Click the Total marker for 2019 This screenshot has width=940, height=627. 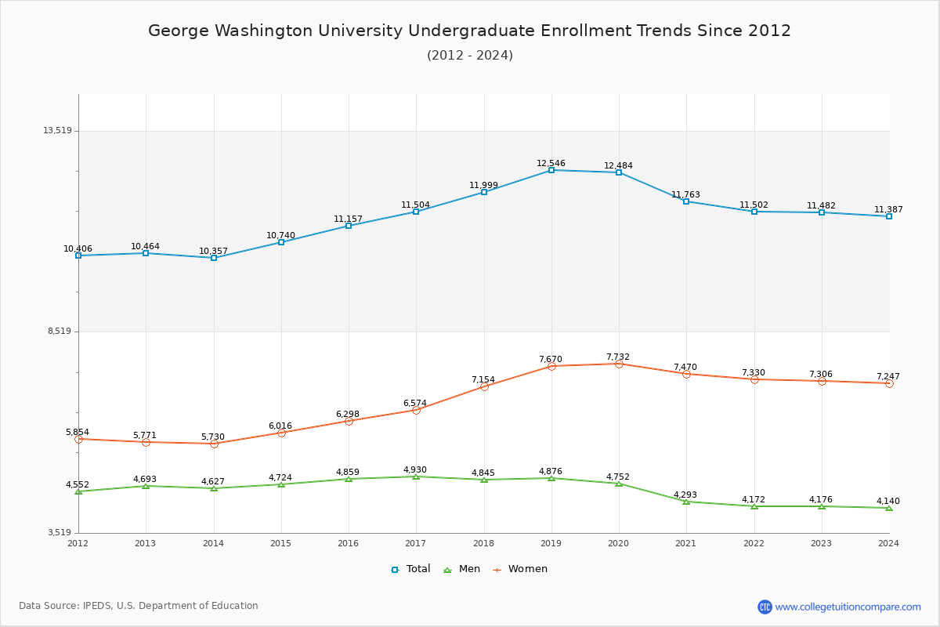551,170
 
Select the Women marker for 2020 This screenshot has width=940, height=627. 619,364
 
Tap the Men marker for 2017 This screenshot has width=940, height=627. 416,477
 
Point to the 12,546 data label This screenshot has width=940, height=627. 551,164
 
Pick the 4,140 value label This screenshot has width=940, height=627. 888,502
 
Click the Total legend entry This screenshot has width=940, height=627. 411,569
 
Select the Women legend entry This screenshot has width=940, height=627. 520,569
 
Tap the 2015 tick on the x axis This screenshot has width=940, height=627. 280,543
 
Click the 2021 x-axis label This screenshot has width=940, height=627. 686,543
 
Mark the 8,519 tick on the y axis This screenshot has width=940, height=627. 60,332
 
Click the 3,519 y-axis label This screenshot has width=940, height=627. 60,533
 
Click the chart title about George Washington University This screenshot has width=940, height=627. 470,31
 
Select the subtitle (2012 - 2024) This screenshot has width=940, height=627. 470,56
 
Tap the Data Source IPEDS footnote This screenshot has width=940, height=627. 139,606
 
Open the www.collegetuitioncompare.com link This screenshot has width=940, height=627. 848,607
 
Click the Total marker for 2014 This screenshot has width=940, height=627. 214,258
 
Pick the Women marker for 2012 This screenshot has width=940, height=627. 78,439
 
